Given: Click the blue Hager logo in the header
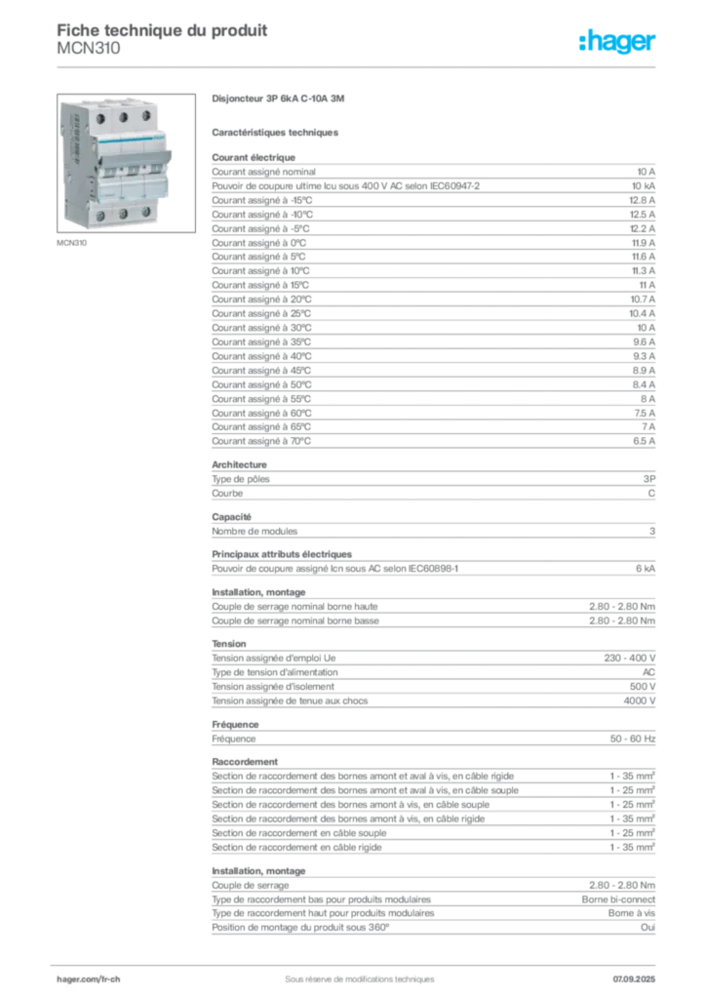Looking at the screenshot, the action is pyautogui.click(x=619, y=42).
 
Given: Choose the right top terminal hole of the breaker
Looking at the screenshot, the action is pyautogui.click(x=146, y=116).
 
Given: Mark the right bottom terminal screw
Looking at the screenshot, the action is pyautogui.click(x=146, y=212).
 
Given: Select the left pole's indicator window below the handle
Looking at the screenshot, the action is pyautogui.click(x=103, y=172).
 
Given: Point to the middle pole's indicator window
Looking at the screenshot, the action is pyautogui.click(x=126, y=172).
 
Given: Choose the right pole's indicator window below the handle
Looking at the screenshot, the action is pyautogui.click(x=149, y=171).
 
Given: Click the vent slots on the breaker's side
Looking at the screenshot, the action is pyautogui.click(x=71, y=146).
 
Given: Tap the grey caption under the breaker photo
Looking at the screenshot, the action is pyautogui.click(x=74, y=244).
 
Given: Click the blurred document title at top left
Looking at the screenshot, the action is pyautogui.click(x=161, y=35).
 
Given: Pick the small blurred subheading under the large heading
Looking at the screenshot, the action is pyautogui.click(x=277, y=131).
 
